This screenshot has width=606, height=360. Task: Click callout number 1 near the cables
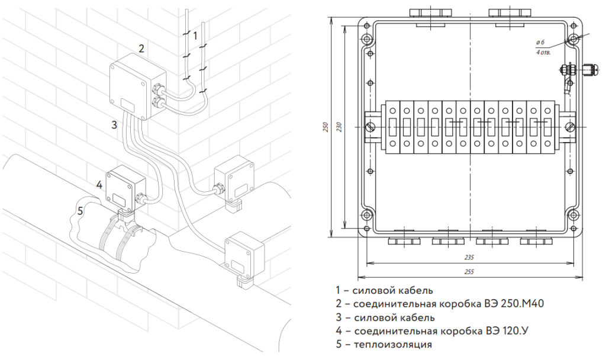click(x=195, y=36)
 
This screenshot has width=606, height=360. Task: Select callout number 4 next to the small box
click(x=99, y=185)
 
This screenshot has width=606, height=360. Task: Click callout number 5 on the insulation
click(x=80, y=210)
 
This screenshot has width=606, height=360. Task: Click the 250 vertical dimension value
click(x=325, y=127)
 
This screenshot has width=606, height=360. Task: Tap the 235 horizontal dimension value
click(x=469, y=258)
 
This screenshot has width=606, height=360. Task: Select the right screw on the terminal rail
click(x=570, y=127)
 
